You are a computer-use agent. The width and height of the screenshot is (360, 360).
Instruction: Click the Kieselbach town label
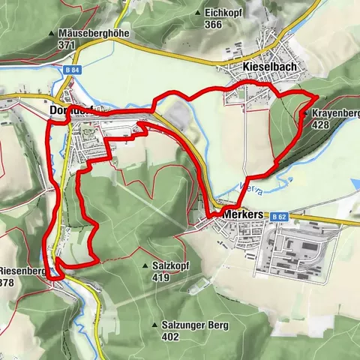270,67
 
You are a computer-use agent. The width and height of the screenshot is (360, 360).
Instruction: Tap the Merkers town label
243,214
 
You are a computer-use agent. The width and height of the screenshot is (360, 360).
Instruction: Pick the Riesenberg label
22,271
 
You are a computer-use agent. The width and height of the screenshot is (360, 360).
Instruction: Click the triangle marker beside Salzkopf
145,266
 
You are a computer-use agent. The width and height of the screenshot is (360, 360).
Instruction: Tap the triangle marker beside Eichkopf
197,13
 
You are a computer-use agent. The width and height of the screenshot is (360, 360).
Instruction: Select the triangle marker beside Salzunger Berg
154,325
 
